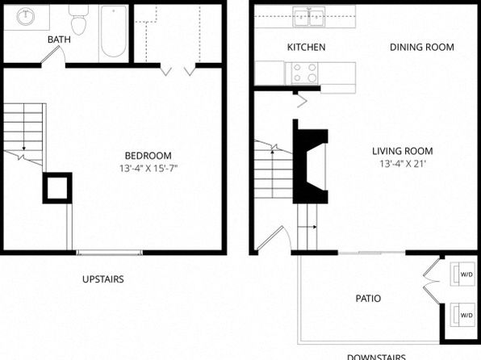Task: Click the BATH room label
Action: coord(59,40)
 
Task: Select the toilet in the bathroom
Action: coord(78,19)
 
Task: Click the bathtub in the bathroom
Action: coord(114,31)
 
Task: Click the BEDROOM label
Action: coord(148,156)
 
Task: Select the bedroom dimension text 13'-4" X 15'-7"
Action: coord(148,168)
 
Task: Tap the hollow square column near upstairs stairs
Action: coord(57,188)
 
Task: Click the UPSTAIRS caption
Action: coord(103,279)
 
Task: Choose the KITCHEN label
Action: coord(306,47)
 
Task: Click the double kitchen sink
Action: coord(309,17)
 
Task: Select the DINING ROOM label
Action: coord(422,47)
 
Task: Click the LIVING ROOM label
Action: coord(403,151)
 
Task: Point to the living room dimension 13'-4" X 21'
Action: coord(403,164)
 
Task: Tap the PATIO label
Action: coord(368,299)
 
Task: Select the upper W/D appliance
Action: coord(462,274)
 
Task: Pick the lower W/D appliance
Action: coord(462,315)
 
